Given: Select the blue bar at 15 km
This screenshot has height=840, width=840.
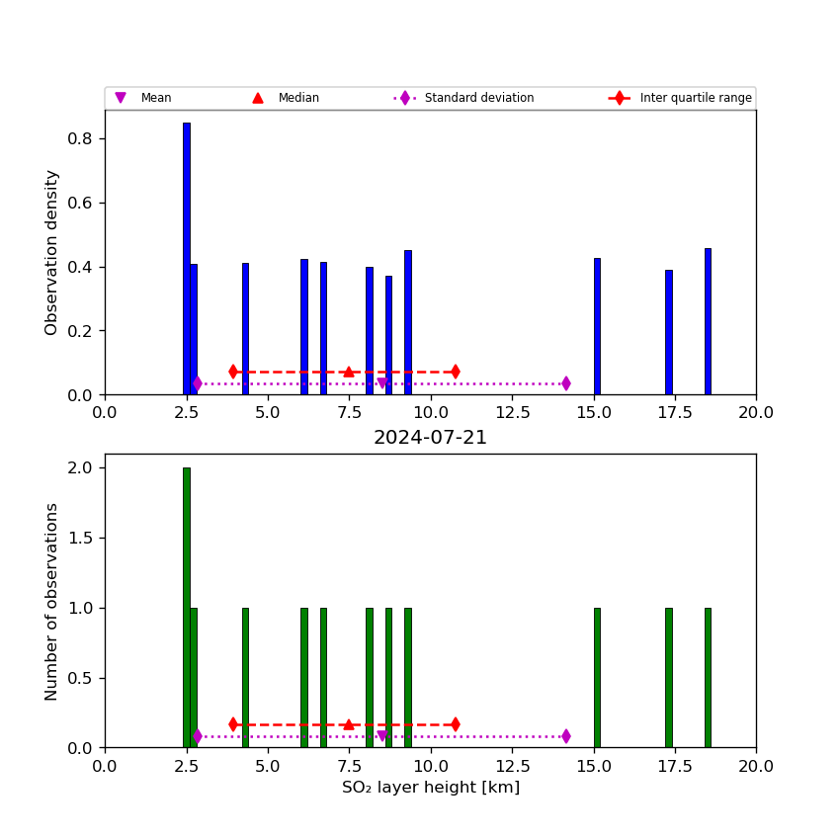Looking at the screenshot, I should [x=597, y=326].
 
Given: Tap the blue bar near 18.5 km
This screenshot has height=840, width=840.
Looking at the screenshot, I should [x=708, y=321].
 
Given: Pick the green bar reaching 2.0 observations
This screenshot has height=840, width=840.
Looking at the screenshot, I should [x=186, y=607].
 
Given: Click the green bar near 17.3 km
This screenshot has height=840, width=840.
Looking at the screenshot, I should [x=668, y=677].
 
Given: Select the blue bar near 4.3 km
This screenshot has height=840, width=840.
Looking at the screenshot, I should [x=245, y=328].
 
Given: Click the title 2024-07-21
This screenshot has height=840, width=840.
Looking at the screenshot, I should [x=430, y=438].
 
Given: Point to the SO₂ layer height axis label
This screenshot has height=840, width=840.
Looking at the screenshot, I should [x=430, y=788].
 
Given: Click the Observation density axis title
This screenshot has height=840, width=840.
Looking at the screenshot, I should [x=52, y=252].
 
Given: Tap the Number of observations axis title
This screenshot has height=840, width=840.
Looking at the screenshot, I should [x=52, y=601].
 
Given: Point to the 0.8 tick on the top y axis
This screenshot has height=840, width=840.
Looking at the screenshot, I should [x=80, y=138].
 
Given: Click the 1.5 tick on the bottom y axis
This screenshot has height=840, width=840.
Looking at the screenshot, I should [x=80, y=538].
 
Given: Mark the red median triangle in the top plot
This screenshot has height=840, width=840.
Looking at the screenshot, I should [x=348, y=372].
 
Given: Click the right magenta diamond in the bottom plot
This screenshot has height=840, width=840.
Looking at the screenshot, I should [x=565, y=735].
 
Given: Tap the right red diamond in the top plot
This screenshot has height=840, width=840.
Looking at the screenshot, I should [x=455, y=372].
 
